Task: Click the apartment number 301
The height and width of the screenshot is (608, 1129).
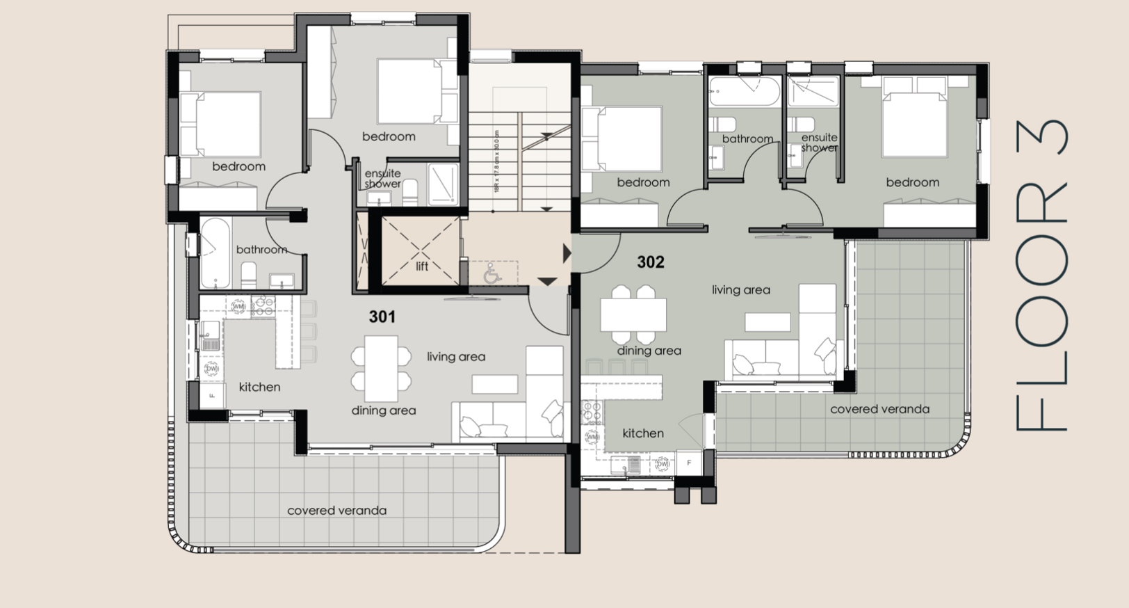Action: pyautogui.click(x=382, y=317)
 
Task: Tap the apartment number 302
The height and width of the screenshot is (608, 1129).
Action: pyautogui.click(x=651, y=262)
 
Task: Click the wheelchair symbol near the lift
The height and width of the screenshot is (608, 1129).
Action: pyautogui.click(x=493, y=273)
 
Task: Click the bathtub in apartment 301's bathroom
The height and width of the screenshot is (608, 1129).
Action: pyautogui.click(x=214, y=253)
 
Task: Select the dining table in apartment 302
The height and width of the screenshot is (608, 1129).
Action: pyautogui.click(x=633, y=315)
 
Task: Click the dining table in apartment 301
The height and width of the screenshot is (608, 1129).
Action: pyautogui.click(x=382, y=369)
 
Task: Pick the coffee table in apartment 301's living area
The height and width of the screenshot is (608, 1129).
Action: pyautogui.click(x=495, y=384)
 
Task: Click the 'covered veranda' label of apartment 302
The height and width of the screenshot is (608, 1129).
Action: pyautogui.click(x=879, y=409)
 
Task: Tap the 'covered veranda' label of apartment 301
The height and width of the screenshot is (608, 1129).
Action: pyautogui.click(x=336, y=511)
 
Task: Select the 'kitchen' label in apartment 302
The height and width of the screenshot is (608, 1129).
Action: pyautogui.click(x=643, y=433)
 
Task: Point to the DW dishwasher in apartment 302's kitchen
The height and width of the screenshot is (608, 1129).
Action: pyautogui.click(x=662, y=463)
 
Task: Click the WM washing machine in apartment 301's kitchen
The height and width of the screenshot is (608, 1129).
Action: pyautogui.click(x=239, y=306)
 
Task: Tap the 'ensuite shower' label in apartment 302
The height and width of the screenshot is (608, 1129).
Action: pyautogui.click(x=819, y=143)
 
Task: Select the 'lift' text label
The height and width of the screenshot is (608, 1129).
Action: pyautogui.click(x=422, y=266)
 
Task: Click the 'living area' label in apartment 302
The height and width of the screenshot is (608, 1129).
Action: pyautogui.click(x=741, y=290)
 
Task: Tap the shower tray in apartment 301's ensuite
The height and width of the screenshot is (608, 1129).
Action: pyautogui.click(x=442, y=184)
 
